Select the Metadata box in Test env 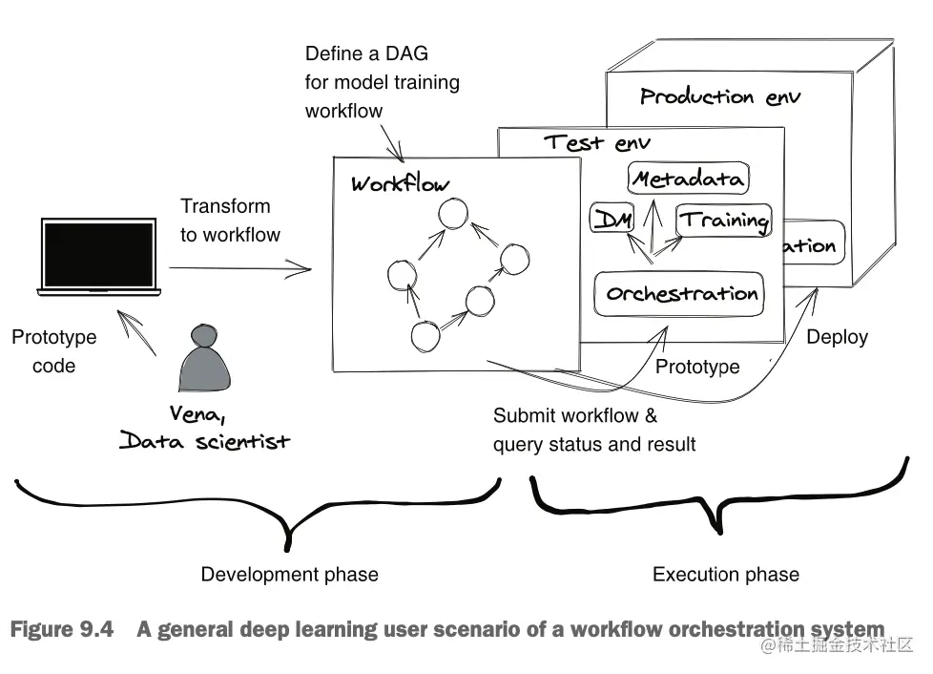point(688,179)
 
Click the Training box point(724,221)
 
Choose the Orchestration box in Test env point(680,293)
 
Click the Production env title point(720,96)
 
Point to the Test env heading point(597,143)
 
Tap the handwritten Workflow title point(400,183)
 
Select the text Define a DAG point(367,54)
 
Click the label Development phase point(289,575)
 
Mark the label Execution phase point(725,575)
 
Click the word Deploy point(837,337)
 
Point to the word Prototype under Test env point(697,367)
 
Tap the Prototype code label point(53,351)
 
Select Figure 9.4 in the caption point(61,630)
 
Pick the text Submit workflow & point(574,416)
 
